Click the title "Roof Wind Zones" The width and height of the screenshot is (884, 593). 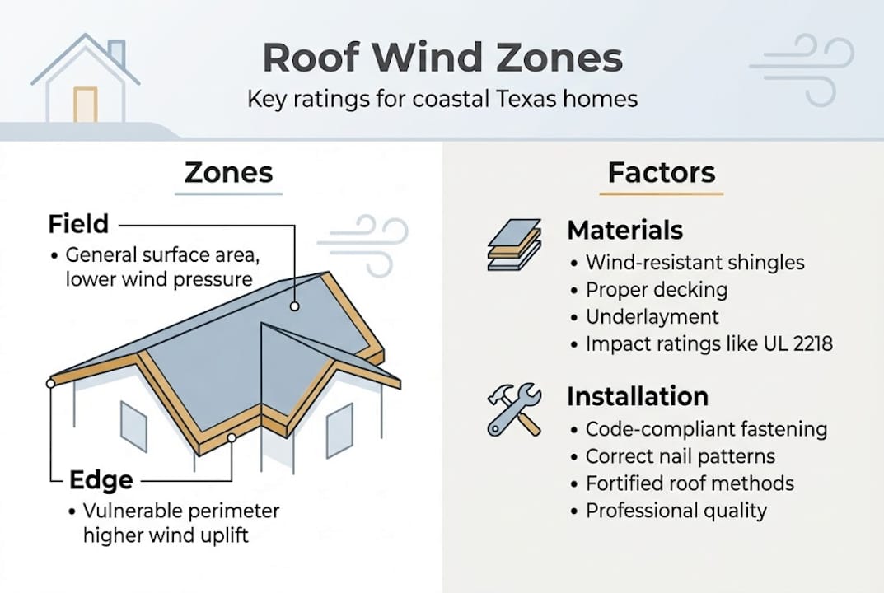click(x=442, y=59)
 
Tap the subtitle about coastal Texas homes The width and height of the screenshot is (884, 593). click(x=442, y=100)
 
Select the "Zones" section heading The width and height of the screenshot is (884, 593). click(x=228, y=173)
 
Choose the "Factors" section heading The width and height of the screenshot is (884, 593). click(x=661, y=173)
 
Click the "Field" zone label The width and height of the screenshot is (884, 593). click(x=78, y=223)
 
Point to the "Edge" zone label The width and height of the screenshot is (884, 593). click(x=100, y=480)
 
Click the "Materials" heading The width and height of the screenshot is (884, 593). click(x=624, y=230)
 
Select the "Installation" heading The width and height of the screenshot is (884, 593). click(x=637, y=396)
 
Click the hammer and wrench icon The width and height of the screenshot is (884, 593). click(x=513, y=409)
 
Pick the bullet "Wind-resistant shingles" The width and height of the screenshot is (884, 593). click(x=695, y=263)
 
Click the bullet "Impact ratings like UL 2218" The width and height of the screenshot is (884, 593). click(x=709, y=343)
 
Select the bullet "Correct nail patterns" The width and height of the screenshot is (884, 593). click(x=680, y=455)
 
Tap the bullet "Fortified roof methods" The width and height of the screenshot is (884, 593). click(x=690, y=483)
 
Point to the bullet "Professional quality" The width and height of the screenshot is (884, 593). click(x=676, y=511)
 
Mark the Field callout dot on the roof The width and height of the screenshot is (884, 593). click(x=293, y=306)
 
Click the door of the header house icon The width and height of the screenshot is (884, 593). click(x=85, y=105)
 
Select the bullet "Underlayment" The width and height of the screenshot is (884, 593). click(x=652, y=316)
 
